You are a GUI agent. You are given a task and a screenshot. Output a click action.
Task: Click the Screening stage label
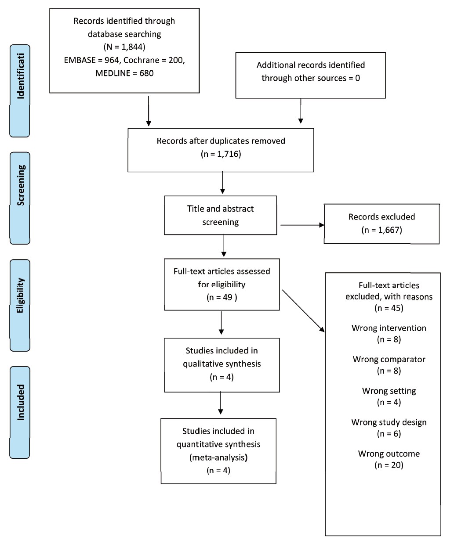pos(21,185)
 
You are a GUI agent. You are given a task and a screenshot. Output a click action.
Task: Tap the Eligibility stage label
pos(20,295)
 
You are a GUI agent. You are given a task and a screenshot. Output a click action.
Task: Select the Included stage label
pos(21,403)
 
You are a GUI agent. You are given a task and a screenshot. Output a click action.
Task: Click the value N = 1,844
pos(124,47)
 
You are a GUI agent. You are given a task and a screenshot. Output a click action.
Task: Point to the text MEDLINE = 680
pos(124,73)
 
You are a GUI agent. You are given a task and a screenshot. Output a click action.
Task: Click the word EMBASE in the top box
pos(80,60)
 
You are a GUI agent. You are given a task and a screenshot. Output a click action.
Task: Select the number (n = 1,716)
pos(221,154)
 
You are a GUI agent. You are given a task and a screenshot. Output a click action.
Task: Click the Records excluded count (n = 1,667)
pos(381,230)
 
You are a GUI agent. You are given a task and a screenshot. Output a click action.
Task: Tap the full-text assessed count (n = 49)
pos(222,297)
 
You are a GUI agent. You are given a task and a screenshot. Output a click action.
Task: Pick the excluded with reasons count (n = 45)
pos(389,308)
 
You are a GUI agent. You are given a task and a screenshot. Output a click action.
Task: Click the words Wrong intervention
pos(389,328)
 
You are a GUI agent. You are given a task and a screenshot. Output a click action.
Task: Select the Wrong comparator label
pos(389,359)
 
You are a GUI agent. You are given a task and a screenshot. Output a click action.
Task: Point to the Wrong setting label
pos(389,391)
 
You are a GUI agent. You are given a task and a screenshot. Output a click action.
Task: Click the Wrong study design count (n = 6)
pos(389,433)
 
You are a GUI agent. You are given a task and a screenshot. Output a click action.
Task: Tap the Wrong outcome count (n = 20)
pos(389,465)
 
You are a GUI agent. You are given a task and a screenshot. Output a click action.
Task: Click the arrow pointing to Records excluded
pos(302,225)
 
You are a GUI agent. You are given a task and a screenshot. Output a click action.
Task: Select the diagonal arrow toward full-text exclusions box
pos(303,311)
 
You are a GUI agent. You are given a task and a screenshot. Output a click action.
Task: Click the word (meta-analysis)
pos(218,457)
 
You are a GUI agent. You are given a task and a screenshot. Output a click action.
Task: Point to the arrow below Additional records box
pos(301,111)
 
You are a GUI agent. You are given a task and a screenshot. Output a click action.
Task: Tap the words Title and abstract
pos(220,209)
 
